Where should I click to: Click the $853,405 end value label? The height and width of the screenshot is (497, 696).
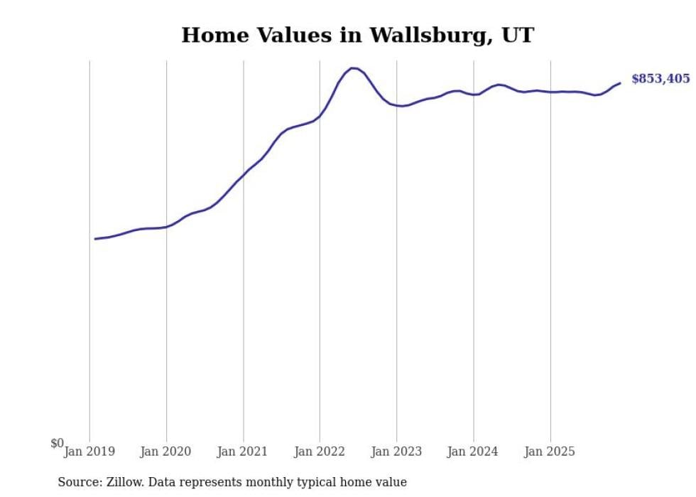(660, 79)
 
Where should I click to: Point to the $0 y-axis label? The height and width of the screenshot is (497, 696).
(57, 444)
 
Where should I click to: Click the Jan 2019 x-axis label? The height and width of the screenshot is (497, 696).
(89, 451)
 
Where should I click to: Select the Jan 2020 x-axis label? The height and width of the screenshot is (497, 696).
(166, 451)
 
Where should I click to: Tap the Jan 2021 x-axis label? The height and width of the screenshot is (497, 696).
(243, 451)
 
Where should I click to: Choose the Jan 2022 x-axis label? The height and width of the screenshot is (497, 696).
(320, 451)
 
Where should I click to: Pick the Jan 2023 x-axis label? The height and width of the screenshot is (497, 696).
(396, 451)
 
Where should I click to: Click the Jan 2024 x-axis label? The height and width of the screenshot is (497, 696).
(473, 451)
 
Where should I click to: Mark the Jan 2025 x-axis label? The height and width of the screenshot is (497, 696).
(550, 451)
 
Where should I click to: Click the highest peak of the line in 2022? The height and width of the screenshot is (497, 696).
(352, 68)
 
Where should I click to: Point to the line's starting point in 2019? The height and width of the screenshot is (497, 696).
(95, 239)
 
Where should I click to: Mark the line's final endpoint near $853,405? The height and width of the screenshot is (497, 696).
(620, 83)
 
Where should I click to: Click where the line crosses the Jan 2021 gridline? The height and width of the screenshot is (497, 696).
(244, 174)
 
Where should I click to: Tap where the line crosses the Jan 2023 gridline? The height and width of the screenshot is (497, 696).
(396, 105)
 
